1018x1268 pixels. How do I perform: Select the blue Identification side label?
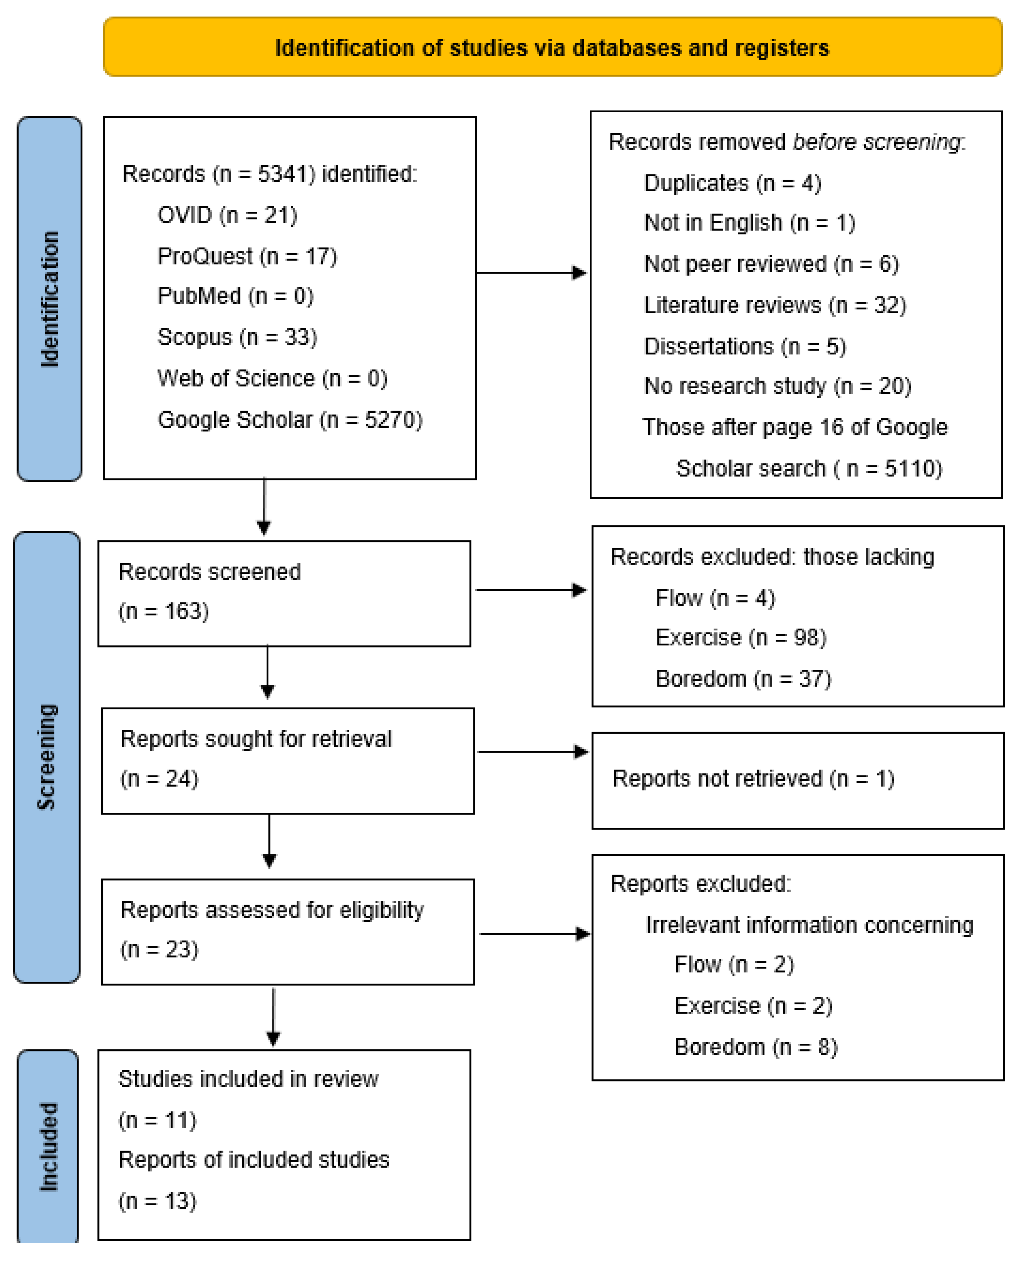coord(49,299)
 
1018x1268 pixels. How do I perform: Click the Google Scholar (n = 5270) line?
coord(289,420)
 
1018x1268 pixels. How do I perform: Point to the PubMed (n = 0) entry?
coord(235,296)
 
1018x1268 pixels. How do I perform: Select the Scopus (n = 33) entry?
coord(237,337)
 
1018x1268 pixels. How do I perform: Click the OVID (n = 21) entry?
coord(227,215)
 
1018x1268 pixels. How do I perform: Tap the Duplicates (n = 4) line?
coord(732,184)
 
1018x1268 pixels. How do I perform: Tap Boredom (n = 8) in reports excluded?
coord(756,1047)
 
